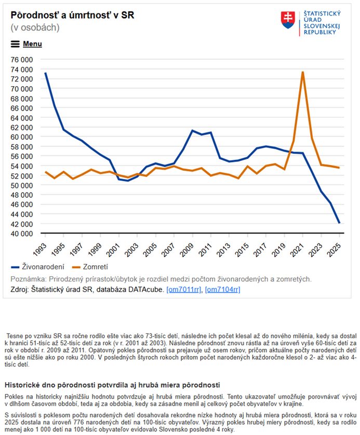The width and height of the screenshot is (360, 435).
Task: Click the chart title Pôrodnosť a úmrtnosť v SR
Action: pyautogui.click(x=72, y=15)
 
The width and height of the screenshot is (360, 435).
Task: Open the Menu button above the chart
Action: pyautogui.click(x=26, y=44)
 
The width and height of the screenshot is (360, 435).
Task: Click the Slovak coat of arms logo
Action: pyautogui.click(x=288, y=20)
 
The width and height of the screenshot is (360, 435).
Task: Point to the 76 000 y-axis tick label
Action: pyautogui.click(x=22, y=60)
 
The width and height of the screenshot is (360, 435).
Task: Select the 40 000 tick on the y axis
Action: pyautogui.click(x=22, y=234)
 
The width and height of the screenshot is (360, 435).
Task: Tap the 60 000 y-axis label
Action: pyautogui.click(x=22, y=137)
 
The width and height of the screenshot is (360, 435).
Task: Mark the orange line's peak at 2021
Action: pyautogui.click(x=302, y=72)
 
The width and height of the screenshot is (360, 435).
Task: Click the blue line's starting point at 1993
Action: pyautogui.click(x=45, y=73)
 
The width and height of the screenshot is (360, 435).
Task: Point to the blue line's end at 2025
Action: pyautogui.click(x=339, y=223)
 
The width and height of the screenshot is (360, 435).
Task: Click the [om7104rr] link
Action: pyautogui.click(x=222, y=289)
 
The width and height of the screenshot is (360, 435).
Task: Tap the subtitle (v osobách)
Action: pyautogui.click(x=35, y=27)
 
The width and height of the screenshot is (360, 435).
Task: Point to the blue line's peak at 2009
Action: pyautogui.click(x=192, y=130)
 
